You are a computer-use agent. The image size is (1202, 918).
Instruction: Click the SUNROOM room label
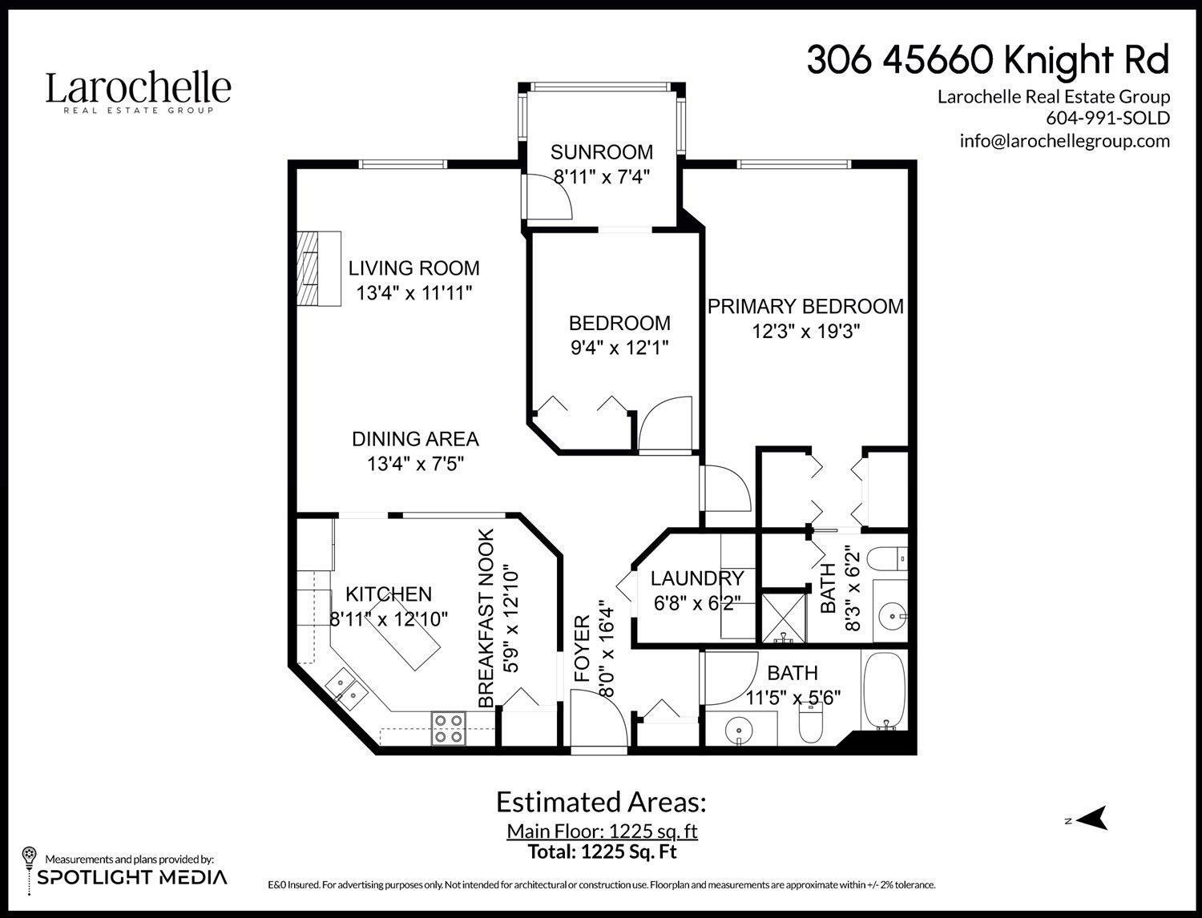pos(602,152)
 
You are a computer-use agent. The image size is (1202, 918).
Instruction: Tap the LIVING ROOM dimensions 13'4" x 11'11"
pos(414,293)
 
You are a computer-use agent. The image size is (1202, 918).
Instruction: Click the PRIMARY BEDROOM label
pos(805,306)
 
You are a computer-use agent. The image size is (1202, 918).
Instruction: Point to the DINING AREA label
pos(415,439)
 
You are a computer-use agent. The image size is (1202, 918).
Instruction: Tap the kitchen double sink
pos(347,688)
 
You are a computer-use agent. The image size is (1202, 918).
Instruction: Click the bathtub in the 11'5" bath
pos(884,690)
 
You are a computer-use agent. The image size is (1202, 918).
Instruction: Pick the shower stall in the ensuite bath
pos(783,617)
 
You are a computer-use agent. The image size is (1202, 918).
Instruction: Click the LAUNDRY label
pos(696,578)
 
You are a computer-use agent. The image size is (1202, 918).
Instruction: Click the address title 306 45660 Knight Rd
pos(987,60)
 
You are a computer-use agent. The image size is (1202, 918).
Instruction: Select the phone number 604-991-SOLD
pos(1107,119)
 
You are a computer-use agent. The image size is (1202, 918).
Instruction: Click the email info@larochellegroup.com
pos(1064,141)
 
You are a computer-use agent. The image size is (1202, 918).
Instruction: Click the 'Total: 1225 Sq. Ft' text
pos(602,852)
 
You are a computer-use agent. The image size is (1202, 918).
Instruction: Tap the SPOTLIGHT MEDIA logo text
pos(132,877)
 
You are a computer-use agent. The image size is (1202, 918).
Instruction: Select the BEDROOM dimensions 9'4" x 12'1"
pos(619,348)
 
